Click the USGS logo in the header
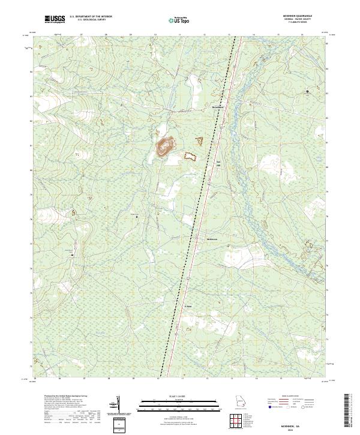pos(55,20)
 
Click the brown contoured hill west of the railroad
pos(164,146)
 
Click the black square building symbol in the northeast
pos(308,91)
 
